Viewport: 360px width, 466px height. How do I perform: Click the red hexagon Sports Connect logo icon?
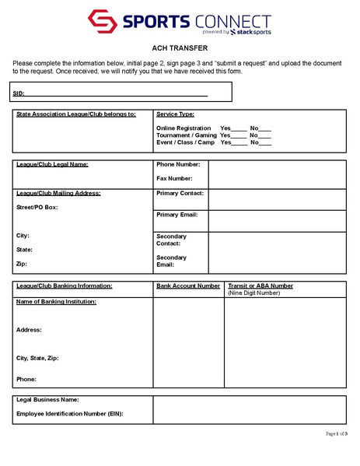point(102,23)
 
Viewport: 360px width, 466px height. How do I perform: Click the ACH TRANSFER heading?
point(180,48)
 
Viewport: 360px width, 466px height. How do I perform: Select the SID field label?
point(18,93)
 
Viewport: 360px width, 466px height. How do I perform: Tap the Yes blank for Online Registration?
point(239,128)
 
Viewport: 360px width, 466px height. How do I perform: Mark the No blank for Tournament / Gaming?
point(265,135)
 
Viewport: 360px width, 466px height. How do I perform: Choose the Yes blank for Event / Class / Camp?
point(239,142)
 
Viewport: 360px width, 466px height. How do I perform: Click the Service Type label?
point(175,114)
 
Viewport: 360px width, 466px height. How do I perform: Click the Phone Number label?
point(178,164)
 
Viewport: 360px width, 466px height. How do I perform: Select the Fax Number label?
point(174,178)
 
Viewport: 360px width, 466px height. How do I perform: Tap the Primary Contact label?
point(180,193)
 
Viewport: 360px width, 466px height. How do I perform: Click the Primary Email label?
point(177,214)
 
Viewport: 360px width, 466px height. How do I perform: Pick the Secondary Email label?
point(171,261)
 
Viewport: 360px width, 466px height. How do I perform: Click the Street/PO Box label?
point(37,208)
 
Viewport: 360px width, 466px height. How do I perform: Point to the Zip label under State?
point(21,265)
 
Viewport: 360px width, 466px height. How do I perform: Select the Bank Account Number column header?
point(187,286)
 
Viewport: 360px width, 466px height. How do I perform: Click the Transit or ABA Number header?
point(260,286)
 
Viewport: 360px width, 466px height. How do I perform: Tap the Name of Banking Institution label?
point(56,301)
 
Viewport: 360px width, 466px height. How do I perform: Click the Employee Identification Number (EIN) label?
point(70,414)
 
